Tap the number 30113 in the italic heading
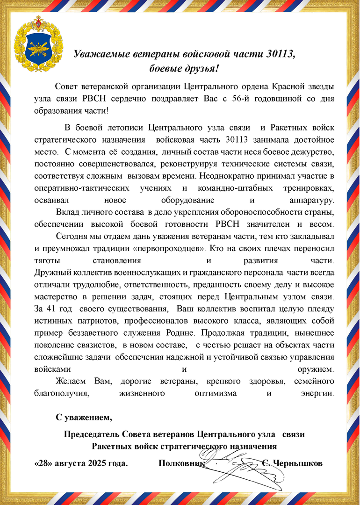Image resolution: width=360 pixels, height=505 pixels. click(x=280, y=54)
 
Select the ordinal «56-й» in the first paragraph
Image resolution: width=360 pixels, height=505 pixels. click(x=243, y=99)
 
